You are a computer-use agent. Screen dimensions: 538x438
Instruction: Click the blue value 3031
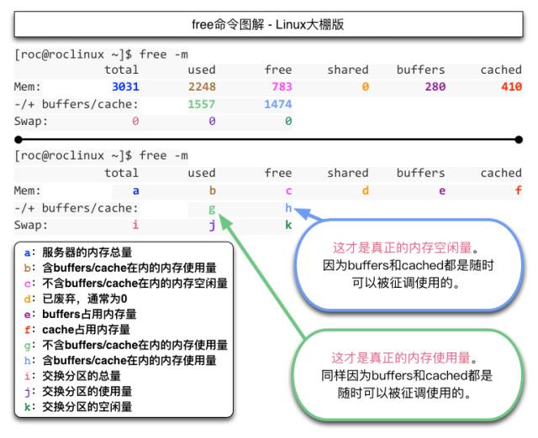[x=124, y=87]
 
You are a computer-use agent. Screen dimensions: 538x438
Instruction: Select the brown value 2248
[x=202, y=87]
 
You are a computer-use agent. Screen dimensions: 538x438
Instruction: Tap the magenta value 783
[x=281, y=87]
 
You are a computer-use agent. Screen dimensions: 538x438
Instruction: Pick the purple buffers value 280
[x=435, y=87]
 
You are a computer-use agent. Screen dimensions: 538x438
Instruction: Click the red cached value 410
[x=511, y=87]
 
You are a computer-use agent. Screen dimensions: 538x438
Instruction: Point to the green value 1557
[x=202, y=104]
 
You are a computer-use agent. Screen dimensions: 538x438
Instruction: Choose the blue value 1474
[x=278, y=104]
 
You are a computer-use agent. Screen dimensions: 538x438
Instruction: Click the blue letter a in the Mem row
[x=135, y=190]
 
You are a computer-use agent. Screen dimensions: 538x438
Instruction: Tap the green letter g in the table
[x=212, y=208]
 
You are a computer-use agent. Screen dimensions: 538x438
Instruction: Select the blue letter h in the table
[x=288, y=207]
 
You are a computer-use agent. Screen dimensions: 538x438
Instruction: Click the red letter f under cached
[x=519, y=190]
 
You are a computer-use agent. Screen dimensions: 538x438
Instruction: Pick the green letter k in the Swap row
[x=288, y=225]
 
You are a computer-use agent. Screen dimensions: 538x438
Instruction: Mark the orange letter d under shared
[x=365, y=190]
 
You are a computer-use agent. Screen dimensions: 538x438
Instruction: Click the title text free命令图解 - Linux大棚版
[x=268, y=24]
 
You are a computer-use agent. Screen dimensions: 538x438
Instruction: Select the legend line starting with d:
[x=76, y=299]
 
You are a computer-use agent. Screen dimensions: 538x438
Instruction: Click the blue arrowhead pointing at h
[x=300, y=210]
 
